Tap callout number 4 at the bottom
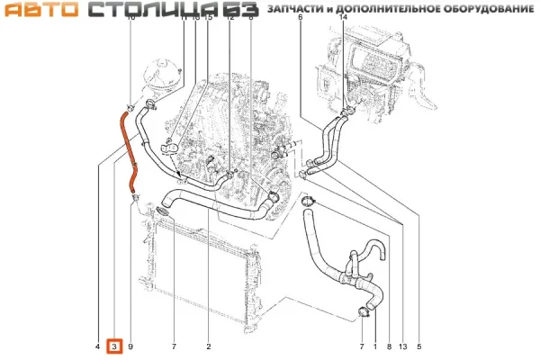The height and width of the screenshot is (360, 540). (97, 346)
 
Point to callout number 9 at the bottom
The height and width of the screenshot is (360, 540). (130, 346)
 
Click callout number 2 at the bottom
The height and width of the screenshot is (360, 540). (208, 346)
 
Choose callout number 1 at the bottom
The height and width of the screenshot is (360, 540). (375, 346)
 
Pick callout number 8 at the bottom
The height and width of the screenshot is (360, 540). (388, 346)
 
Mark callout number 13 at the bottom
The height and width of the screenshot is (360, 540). (402, 346)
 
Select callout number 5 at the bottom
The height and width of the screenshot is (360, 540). (418, 346)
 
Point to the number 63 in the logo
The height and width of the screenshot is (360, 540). (242, 10)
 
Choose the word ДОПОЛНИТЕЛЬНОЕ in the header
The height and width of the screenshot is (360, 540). (393, 9)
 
